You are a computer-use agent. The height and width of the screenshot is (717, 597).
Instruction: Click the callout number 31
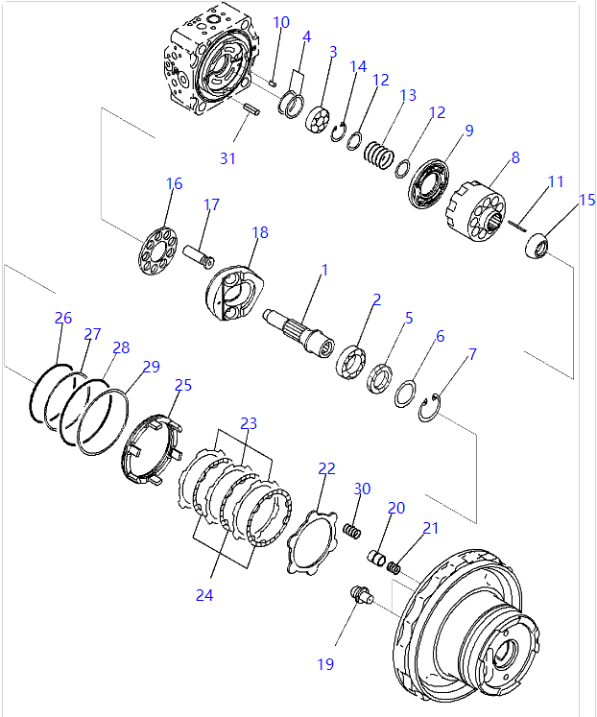click(x=227, y=158)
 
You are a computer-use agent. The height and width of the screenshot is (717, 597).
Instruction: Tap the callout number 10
click(x=280, y=22)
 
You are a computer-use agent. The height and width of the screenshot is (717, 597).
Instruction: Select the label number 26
click(x=62, y=318)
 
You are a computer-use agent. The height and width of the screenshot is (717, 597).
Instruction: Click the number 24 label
click(x=203, y=594)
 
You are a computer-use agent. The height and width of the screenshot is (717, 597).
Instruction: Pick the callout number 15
click(x=587, y=200)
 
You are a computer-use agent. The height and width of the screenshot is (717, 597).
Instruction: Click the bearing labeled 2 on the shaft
click(x=349, y=364)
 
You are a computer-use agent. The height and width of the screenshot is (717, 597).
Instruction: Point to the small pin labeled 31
click(x=251, y=110)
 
